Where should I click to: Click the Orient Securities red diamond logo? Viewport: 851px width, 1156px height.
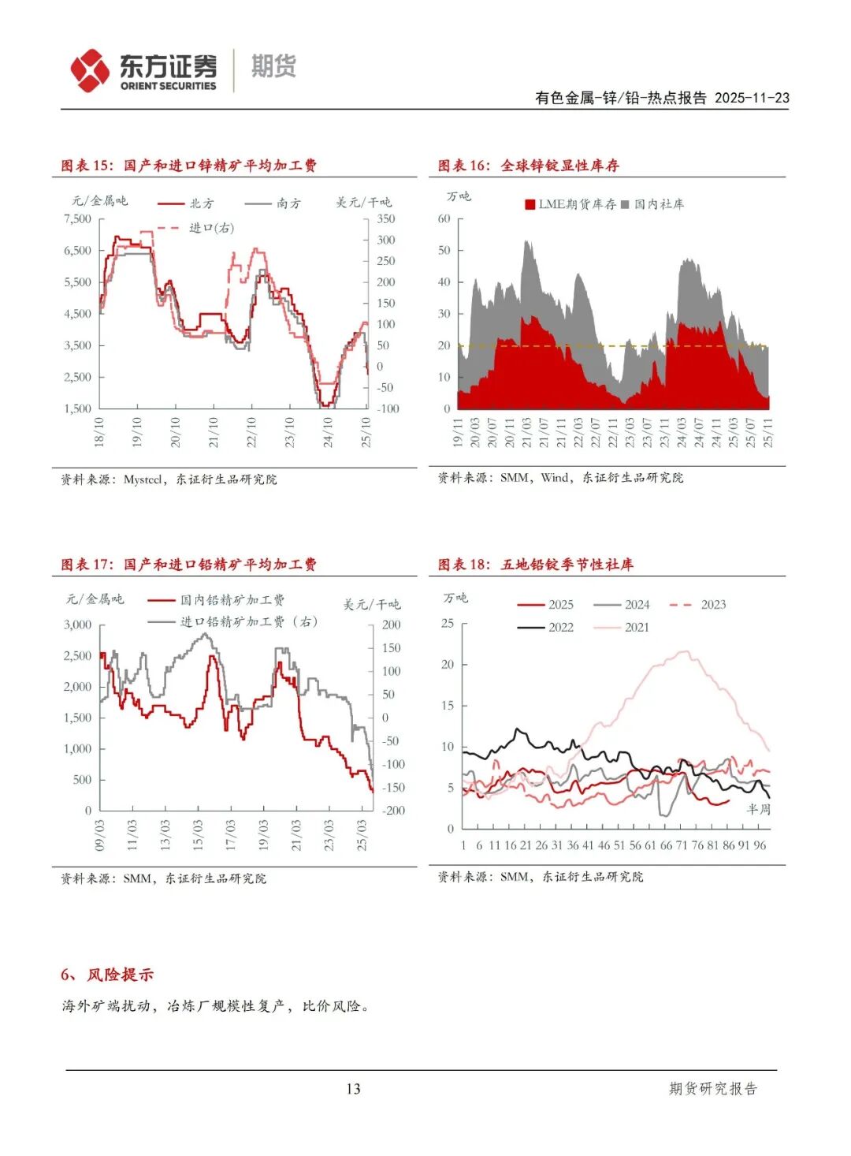(90, 70)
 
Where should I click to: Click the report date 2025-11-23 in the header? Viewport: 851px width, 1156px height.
(752, 98)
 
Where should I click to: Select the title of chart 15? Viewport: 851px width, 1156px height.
(189, 166)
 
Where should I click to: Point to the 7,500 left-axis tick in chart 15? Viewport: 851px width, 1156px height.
(78, 218)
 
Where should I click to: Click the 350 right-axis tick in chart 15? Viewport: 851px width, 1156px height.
(385, 218)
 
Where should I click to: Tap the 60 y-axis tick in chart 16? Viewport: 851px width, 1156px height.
(444, 218)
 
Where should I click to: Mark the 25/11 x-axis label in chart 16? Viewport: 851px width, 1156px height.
(767, 432)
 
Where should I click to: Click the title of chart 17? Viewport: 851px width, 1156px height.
(189, 565)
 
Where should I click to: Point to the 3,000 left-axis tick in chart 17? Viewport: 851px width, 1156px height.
(78, 625)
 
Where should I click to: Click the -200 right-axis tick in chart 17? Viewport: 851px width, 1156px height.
(393, 810)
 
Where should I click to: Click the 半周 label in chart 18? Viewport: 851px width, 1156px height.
(758, 809)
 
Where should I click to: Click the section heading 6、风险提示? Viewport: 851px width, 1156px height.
(107, 975)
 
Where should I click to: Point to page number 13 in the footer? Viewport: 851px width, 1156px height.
(353, 1089)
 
